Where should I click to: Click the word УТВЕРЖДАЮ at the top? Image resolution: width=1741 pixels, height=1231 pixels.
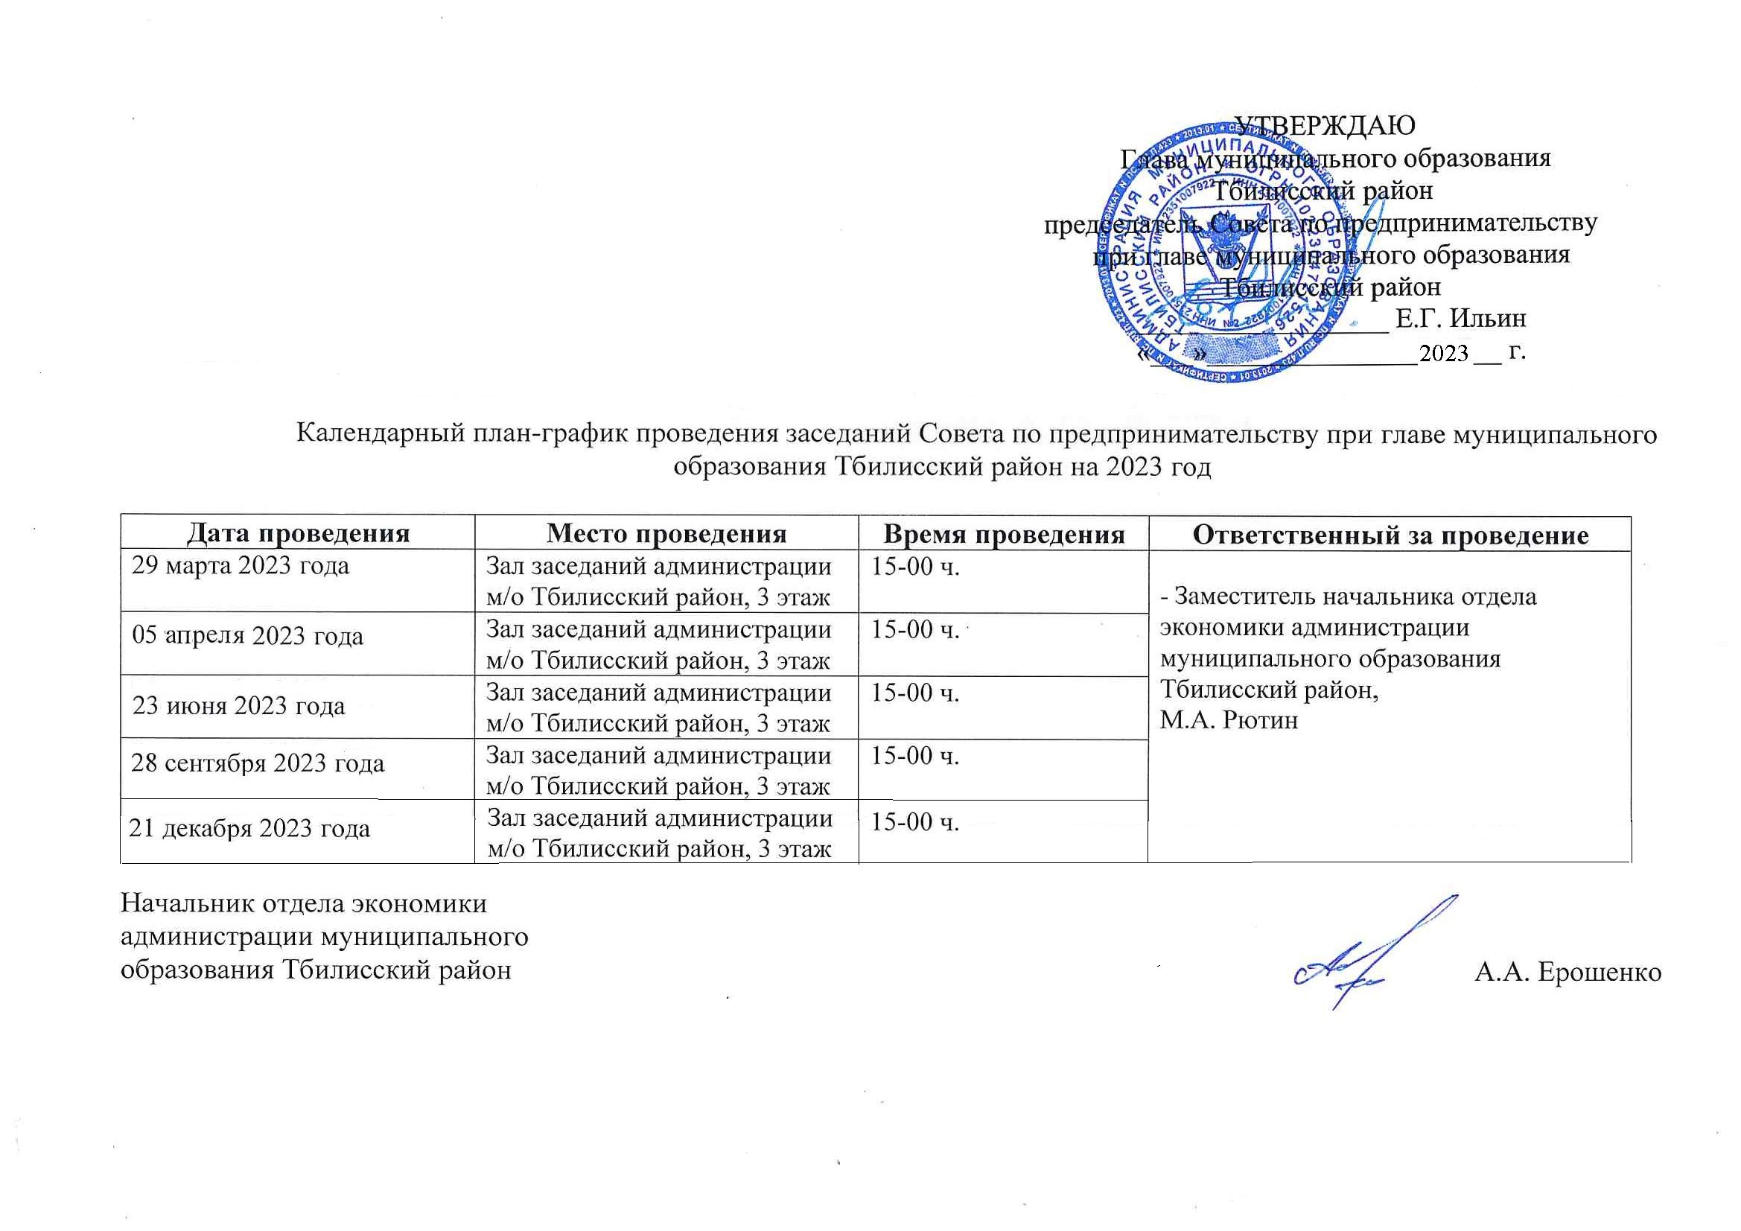(1325, 125)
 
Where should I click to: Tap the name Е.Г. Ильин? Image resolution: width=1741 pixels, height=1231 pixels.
(1460, 318)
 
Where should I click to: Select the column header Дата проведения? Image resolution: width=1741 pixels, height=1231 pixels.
(298, 533)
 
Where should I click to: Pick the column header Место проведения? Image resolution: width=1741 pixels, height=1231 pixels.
(666, 533)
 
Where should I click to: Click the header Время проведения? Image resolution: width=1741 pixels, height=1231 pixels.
(1003, 534)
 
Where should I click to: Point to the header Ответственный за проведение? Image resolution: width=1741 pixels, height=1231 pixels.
(1391, 535)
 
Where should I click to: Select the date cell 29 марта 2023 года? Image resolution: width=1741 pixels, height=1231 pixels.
(241, 566)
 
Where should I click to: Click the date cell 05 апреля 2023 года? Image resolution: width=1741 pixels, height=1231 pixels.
(248, 634)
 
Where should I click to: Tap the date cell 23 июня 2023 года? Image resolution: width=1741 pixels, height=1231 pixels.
(239, 705)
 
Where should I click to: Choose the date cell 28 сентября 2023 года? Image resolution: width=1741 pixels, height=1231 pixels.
(258, 763)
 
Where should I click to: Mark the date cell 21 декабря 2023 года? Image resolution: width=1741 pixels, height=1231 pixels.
(249, 827)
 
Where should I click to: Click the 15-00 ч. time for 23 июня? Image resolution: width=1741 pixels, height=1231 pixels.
(915, 693)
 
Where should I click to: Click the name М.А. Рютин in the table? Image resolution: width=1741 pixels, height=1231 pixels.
(1229, 720)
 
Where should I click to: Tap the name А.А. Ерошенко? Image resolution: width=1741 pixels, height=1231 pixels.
(1567, 972)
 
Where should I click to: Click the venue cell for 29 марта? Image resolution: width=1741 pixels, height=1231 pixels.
(658, 582)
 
